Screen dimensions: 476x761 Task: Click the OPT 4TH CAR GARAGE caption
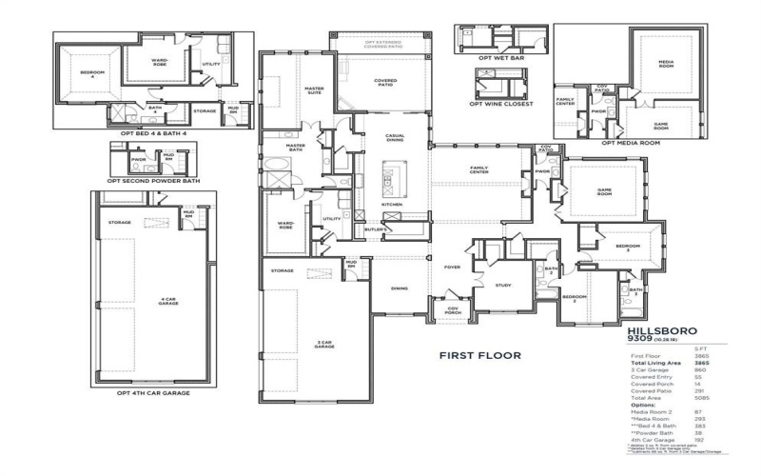click(x=153, y=393)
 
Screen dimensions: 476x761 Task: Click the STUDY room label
click(x=503, y=284)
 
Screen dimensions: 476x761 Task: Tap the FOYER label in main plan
click(x=452, y=268)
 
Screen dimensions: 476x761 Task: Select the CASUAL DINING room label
click(x=394, y=138)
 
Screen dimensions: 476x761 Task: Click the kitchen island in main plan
click(x=388, y=175)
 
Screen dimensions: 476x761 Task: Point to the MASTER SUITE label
click(x=314, y=90)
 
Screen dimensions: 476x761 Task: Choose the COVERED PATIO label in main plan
click(x=385, y=82)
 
